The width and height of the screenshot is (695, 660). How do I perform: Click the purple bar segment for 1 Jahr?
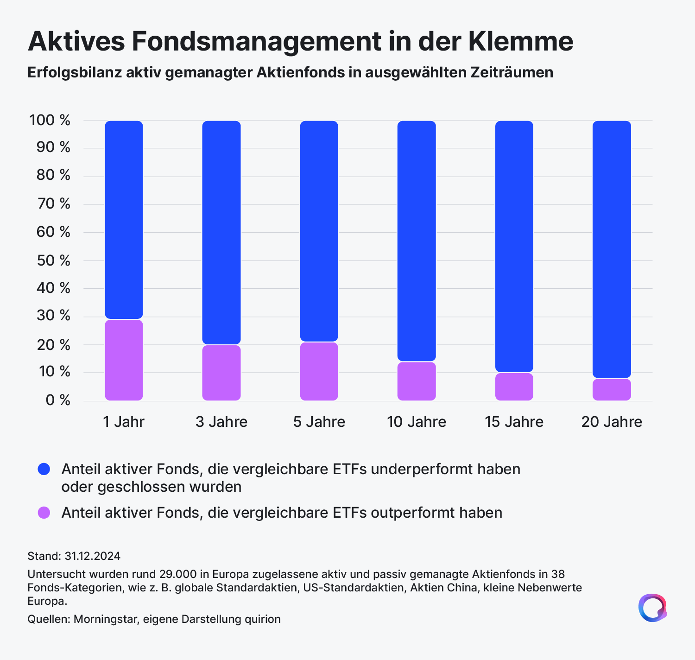[x=124, y=360]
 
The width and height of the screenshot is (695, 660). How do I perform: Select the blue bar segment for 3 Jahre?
[x=221, y=232]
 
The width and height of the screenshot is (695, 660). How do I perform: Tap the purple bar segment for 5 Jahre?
[x=319, y=371]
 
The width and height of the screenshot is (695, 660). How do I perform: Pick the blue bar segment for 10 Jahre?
[x=417, y=241]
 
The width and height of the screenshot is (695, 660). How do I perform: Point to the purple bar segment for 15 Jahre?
[x=514, y=387]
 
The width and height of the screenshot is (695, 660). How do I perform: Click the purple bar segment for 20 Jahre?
[x=612, y=390]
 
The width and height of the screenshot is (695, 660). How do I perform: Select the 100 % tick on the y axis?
[x=50, y=120]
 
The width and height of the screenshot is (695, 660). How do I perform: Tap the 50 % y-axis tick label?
[x=53, y=260]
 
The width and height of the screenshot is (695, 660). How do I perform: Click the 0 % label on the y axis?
[x=58, y=400]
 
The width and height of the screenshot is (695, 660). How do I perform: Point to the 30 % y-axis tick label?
[x=53, y=316]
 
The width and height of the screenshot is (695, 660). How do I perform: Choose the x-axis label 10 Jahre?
[x=417, y=422]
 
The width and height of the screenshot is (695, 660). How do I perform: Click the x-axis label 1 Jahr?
[x=124, y=422]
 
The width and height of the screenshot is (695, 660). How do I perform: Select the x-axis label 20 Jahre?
[x=612, y=422]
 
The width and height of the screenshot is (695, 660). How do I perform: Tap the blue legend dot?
[x=44, y=470]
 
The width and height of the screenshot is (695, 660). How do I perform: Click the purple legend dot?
[x=44, y=513]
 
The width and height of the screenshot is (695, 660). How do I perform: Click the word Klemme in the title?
[x=521, y=41]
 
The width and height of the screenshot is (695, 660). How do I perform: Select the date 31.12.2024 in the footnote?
[x=92, y=556]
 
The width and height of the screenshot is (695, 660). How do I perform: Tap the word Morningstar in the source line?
[x=106, y=619]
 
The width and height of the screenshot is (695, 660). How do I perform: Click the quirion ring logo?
[x=652, y=608]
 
